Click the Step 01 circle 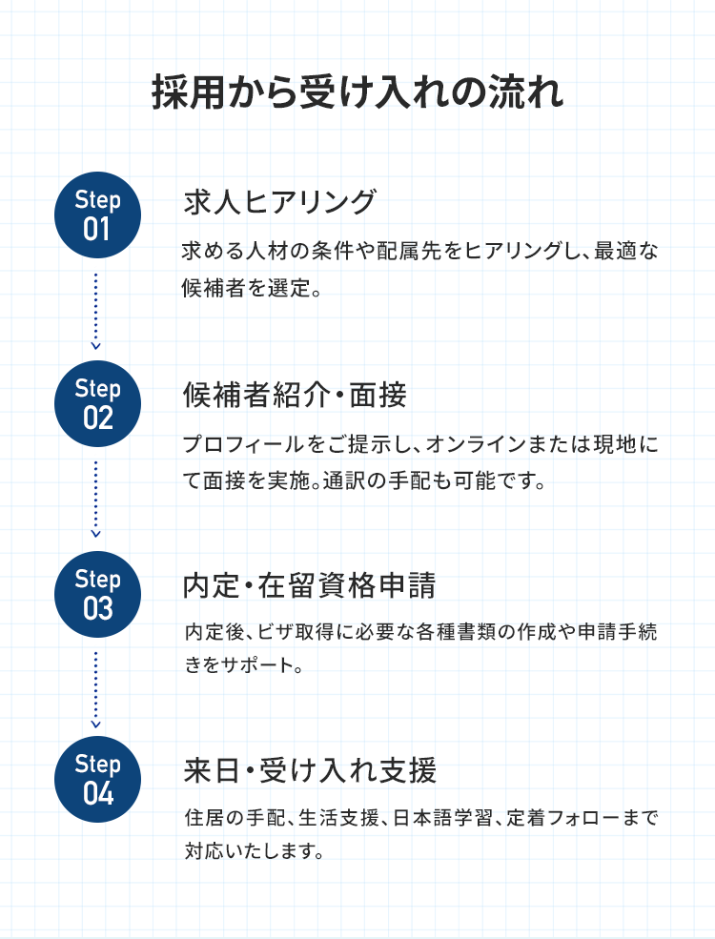click(x=97, y=214)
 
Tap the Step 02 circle click(x=97, y=404)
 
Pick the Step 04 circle click(x=97, y=779)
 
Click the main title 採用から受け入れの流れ click(x=357, y=94)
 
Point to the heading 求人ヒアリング click(x=279, y=202)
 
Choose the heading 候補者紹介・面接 click(x=295, y=393)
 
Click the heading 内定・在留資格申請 click(x=309, y=583)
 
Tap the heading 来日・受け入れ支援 click(x=309, y=769)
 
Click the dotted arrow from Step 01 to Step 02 click(x=96, y=310)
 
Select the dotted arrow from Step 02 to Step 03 click(x=96, y=499)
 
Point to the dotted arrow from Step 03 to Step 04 click(x=96, y=688)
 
